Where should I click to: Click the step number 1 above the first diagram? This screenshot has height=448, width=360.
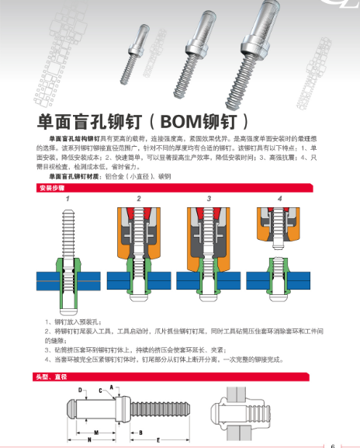[68, 199]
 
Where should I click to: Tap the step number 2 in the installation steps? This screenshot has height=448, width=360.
[139, 199]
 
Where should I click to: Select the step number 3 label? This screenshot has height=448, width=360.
[209, 199]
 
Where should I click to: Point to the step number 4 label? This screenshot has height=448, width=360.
[280, 199]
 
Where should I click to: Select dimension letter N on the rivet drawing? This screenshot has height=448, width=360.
[90, 439]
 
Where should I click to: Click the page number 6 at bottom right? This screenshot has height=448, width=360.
[333, 445]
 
